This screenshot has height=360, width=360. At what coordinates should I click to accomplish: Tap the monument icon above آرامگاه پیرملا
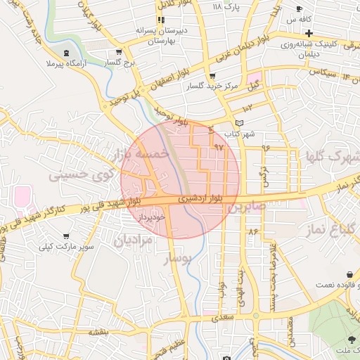[x=67, y=54]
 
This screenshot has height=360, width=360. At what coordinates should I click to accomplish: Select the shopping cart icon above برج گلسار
[x=119, y=51]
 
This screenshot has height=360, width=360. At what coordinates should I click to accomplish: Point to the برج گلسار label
[x=120, y=63]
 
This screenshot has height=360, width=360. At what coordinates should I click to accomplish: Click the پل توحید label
[x=124, y=97]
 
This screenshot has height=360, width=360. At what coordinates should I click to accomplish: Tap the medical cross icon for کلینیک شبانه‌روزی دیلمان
[x=309, y=33]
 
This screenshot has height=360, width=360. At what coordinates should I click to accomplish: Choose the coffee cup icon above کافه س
[x=300, y=9]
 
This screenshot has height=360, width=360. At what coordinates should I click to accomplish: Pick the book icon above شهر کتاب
[x=240, y=123]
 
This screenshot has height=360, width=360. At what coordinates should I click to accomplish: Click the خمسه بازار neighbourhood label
[x=140, y=151]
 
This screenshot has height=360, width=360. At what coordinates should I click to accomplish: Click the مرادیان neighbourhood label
[x=133, y=241]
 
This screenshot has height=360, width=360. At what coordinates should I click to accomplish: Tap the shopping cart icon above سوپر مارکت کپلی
[x=66, y=236]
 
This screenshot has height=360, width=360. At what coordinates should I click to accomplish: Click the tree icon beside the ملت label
[x=351, y=338]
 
